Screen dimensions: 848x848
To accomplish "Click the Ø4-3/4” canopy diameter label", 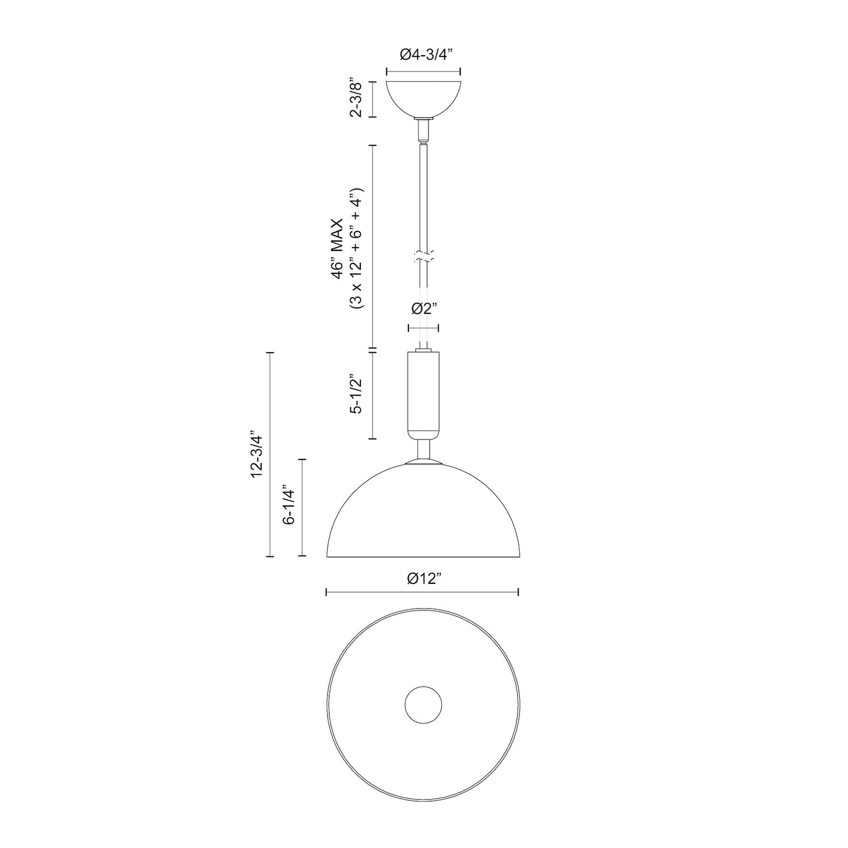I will (423, 55).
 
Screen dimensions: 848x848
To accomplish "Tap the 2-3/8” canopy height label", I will (356, 98).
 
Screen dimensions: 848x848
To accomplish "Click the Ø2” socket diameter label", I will (424, 309).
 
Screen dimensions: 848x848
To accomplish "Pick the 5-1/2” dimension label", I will (356, 394).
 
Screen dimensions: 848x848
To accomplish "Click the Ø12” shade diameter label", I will (423, 579).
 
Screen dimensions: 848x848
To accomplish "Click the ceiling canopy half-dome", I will (423, 98).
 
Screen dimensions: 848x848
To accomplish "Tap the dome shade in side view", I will (423, 516).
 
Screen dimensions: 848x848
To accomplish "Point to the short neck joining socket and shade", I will (423, 451).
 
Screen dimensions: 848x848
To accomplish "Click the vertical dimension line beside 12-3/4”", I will (270, 455).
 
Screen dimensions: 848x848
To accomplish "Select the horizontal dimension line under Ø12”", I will (423, 593).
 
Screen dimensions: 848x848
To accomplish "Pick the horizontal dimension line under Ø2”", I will (424, 329).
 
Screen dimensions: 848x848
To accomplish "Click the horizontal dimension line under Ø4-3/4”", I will (423, 72).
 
